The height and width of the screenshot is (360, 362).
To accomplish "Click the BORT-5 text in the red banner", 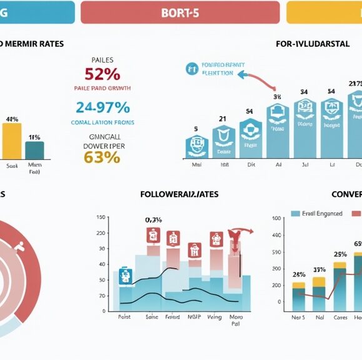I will [x=180, y=12].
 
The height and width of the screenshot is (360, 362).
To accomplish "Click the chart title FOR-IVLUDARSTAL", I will [x=311, y=44].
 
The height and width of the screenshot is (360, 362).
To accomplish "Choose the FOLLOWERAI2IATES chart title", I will [x=179, y=194].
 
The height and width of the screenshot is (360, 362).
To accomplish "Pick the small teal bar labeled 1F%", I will [x=34, y=150].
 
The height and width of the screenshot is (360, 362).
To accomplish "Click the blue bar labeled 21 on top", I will [x=223, y=142].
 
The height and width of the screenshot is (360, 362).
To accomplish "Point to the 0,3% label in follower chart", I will [x=154, y=219].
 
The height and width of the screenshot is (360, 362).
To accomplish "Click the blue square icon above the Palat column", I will [x=125, y=276].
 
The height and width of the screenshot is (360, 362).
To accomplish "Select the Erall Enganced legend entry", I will [x=316, y=213].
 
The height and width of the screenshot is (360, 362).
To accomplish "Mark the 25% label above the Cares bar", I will [x=340, y=254].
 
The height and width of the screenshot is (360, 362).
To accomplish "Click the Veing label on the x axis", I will [x=215, y=317].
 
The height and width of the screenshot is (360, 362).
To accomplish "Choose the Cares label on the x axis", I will [x=340, y=317].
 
